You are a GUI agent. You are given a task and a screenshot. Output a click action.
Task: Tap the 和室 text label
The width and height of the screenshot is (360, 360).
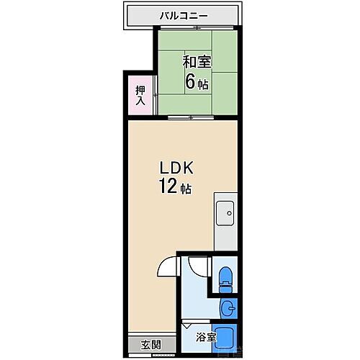196,61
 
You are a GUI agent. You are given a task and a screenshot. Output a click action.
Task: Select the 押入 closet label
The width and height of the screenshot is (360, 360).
140,95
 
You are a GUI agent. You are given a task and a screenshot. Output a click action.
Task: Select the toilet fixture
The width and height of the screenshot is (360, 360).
225,277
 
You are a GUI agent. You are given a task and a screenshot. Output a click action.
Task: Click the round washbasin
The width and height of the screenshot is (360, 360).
226,308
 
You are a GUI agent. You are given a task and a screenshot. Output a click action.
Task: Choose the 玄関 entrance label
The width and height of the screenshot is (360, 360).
150,343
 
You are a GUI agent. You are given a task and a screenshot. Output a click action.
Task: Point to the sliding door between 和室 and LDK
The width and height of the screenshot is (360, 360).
189,117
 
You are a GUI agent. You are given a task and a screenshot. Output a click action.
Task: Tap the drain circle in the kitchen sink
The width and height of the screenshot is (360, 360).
228,212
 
